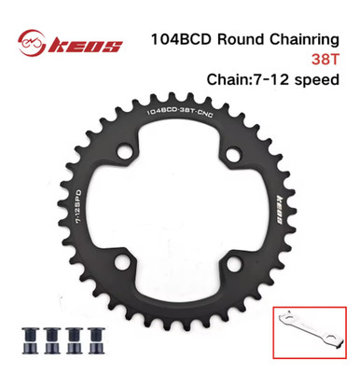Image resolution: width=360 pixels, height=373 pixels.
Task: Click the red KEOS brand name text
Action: pyautogui.click(x=85, y=47)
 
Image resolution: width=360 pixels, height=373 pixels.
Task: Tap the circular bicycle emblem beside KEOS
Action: pyautogui.click(x=32, y=43)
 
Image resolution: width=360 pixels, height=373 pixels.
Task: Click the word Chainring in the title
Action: pyautogui.click(x=304, y=39)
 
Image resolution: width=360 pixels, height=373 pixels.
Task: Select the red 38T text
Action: pyautogui.click(x=325, y=60)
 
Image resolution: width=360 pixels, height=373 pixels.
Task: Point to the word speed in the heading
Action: pyautogui.click(x=317, y=80)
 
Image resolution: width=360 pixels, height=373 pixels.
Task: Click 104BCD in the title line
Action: pyautogui.click(x=181, y=40)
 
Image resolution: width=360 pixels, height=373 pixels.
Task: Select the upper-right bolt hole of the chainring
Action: pyautogui.click(x=234, y=154)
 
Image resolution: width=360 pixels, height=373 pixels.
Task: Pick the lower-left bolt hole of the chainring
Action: pyautogui.click(x=122, y=262)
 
